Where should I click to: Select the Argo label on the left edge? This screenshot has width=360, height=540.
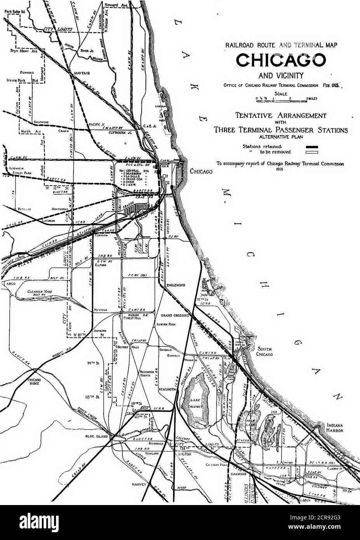click(x=7, y=284)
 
